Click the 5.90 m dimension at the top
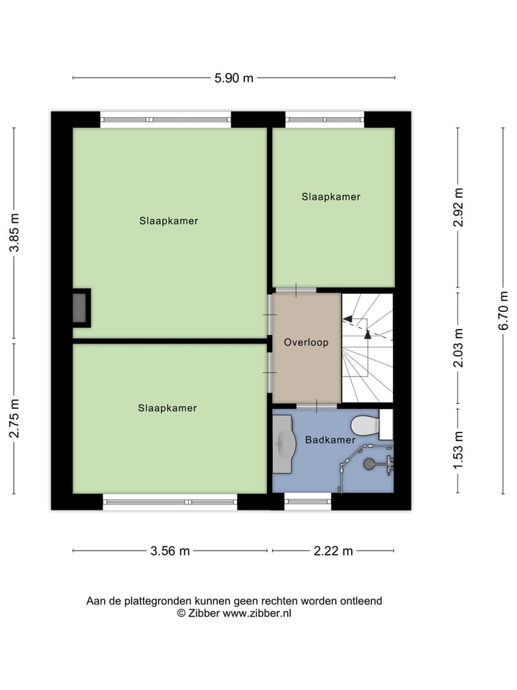(234, 78)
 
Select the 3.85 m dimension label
(14, 232)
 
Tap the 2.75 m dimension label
(14, 418)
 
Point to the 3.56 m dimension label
(169, 551)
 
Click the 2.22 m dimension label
(332, 551)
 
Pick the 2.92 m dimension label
(458, 208)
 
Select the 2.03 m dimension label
(458, 347)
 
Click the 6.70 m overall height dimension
(503, 311)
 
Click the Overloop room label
(306, 343)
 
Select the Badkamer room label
(330, 440)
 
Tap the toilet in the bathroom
(368, 425)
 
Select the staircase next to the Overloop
(367, 347)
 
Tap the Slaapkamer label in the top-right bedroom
(330, 197)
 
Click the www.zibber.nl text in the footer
(256, 614)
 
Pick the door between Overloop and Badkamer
(317, 406)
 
